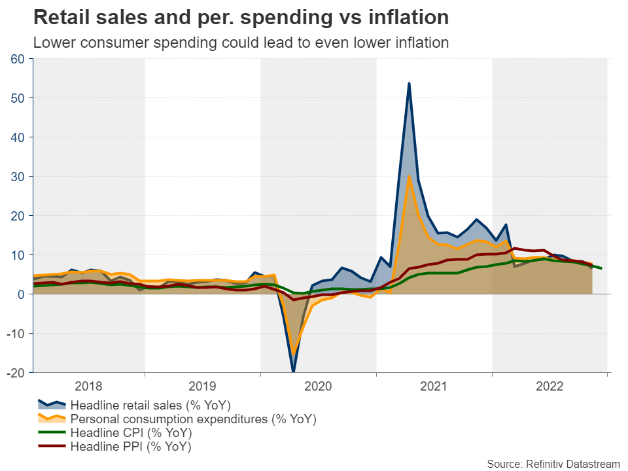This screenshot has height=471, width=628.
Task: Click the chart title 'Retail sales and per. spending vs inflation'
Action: tap(241, 18)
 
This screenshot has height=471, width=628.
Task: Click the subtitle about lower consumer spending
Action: tap(241, 43)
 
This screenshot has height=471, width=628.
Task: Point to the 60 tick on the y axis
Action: tap(18, 59)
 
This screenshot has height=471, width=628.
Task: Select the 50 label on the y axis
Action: tap(18, 98)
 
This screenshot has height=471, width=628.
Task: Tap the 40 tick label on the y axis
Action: tap(18, 137)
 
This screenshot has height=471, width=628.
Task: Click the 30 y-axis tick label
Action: tap(18, 177)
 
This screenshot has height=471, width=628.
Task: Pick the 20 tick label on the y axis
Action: tap(18, 216)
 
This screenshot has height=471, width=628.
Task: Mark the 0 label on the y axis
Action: tap(21, 294)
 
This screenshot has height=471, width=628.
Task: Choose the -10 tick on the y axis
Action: tap(16, 334)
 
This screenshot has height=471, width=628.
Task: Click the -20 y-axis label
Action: tap(16, 372)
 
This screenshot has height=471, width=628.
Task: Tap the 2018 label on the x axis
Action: tap(89, 386)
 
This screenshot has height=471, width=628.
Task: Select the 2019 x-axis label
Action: tap(204, 386)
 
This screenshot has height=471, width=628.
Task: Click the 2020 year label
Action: tap(319, 386)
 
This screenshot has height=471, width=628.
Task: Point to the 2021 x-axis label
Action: tap(434, 386)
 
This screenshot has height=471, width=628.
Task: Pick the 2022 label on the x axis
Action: tap(549, 386)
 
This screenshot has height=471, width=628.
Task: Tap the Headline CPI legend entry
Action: tap(131, 433)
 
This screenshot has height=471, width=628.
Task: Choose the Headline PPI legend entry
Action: tap(131, 447)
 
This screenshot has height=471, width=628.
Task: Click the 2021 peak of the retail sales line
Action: tap(409, 84)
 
